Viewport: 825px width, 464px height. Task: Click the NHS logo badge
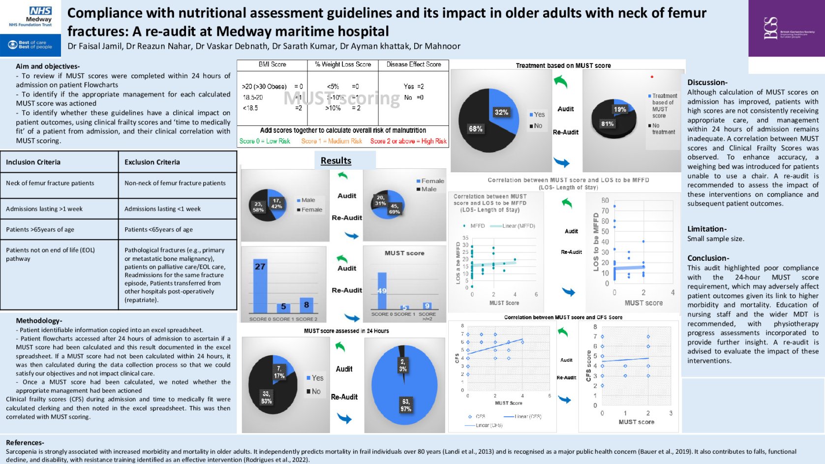tap(40, 11)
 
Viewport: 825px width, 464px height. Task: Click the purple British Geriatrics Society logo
tap(786, 28)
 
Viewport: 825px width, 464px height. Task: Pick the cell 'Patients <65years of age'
tap(158, 229)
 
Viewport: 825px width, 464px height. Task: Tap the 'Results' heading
tap(336, 161)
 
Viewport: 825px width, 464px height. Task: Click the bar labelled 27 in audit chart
tap(260, 285)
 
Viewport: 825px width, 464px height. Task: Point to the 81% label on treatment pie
tap(608, 124)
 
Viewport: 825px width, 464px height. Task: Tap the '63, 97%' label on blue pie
tap(406, 405)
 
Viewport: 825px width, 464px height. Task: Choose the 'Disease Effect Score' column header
tap(414, 64)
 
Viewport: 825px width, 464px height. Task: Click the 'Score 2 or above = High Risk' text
tap(408, 141)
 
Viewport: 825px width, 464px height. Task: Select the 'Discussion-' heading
tap(707, 82)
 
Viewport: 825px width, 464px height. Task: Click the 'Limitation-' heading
tap(707, 229)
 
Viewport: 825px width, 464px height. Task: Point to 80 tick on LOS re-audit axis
tap(605, 201)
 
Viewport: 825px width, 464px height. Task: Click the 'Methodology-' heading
tap(39, 320)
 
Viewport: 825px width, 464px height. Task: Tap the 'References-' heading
tap(25, 442)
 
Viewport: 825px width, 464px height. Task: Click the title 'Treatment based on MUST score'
tap(563, 65)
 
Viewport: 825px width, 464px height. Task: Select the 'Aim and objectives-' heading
tap(48, 66)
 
